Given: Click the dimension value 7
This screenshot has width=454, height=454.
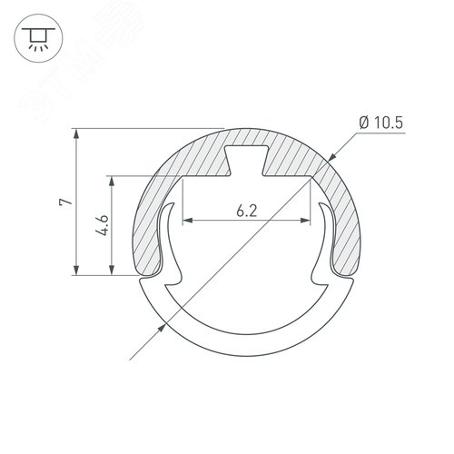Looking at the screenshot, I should tap(63, 202).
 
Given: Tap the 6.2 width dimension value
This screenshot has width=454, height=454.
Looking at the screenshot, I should tap(245, 212).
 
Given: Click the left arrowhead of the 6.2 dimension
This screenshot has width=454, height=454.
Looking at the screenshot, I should tap(187, 221).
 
